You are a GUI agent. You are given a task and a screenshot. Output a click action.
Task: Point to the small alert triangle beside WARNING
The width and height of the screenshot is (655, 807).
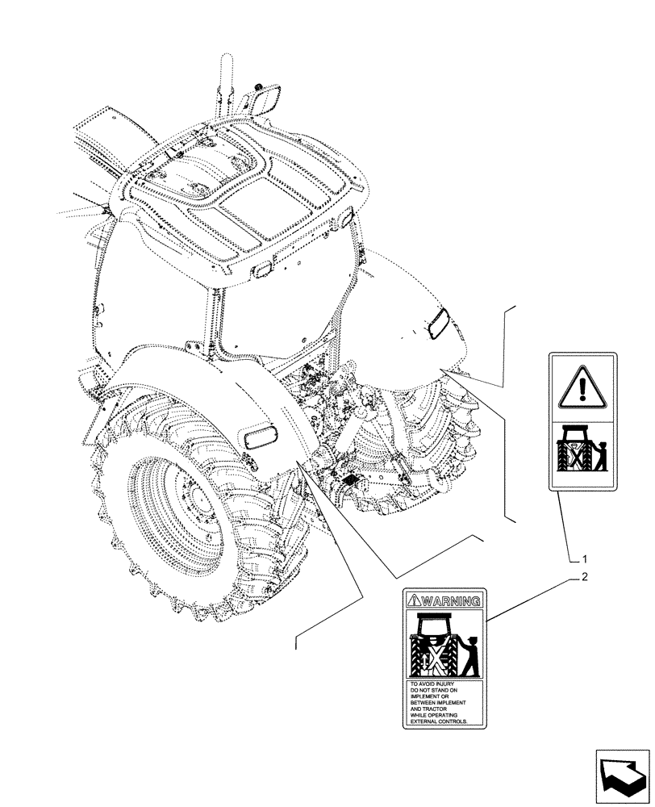[x=415, y=600]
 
